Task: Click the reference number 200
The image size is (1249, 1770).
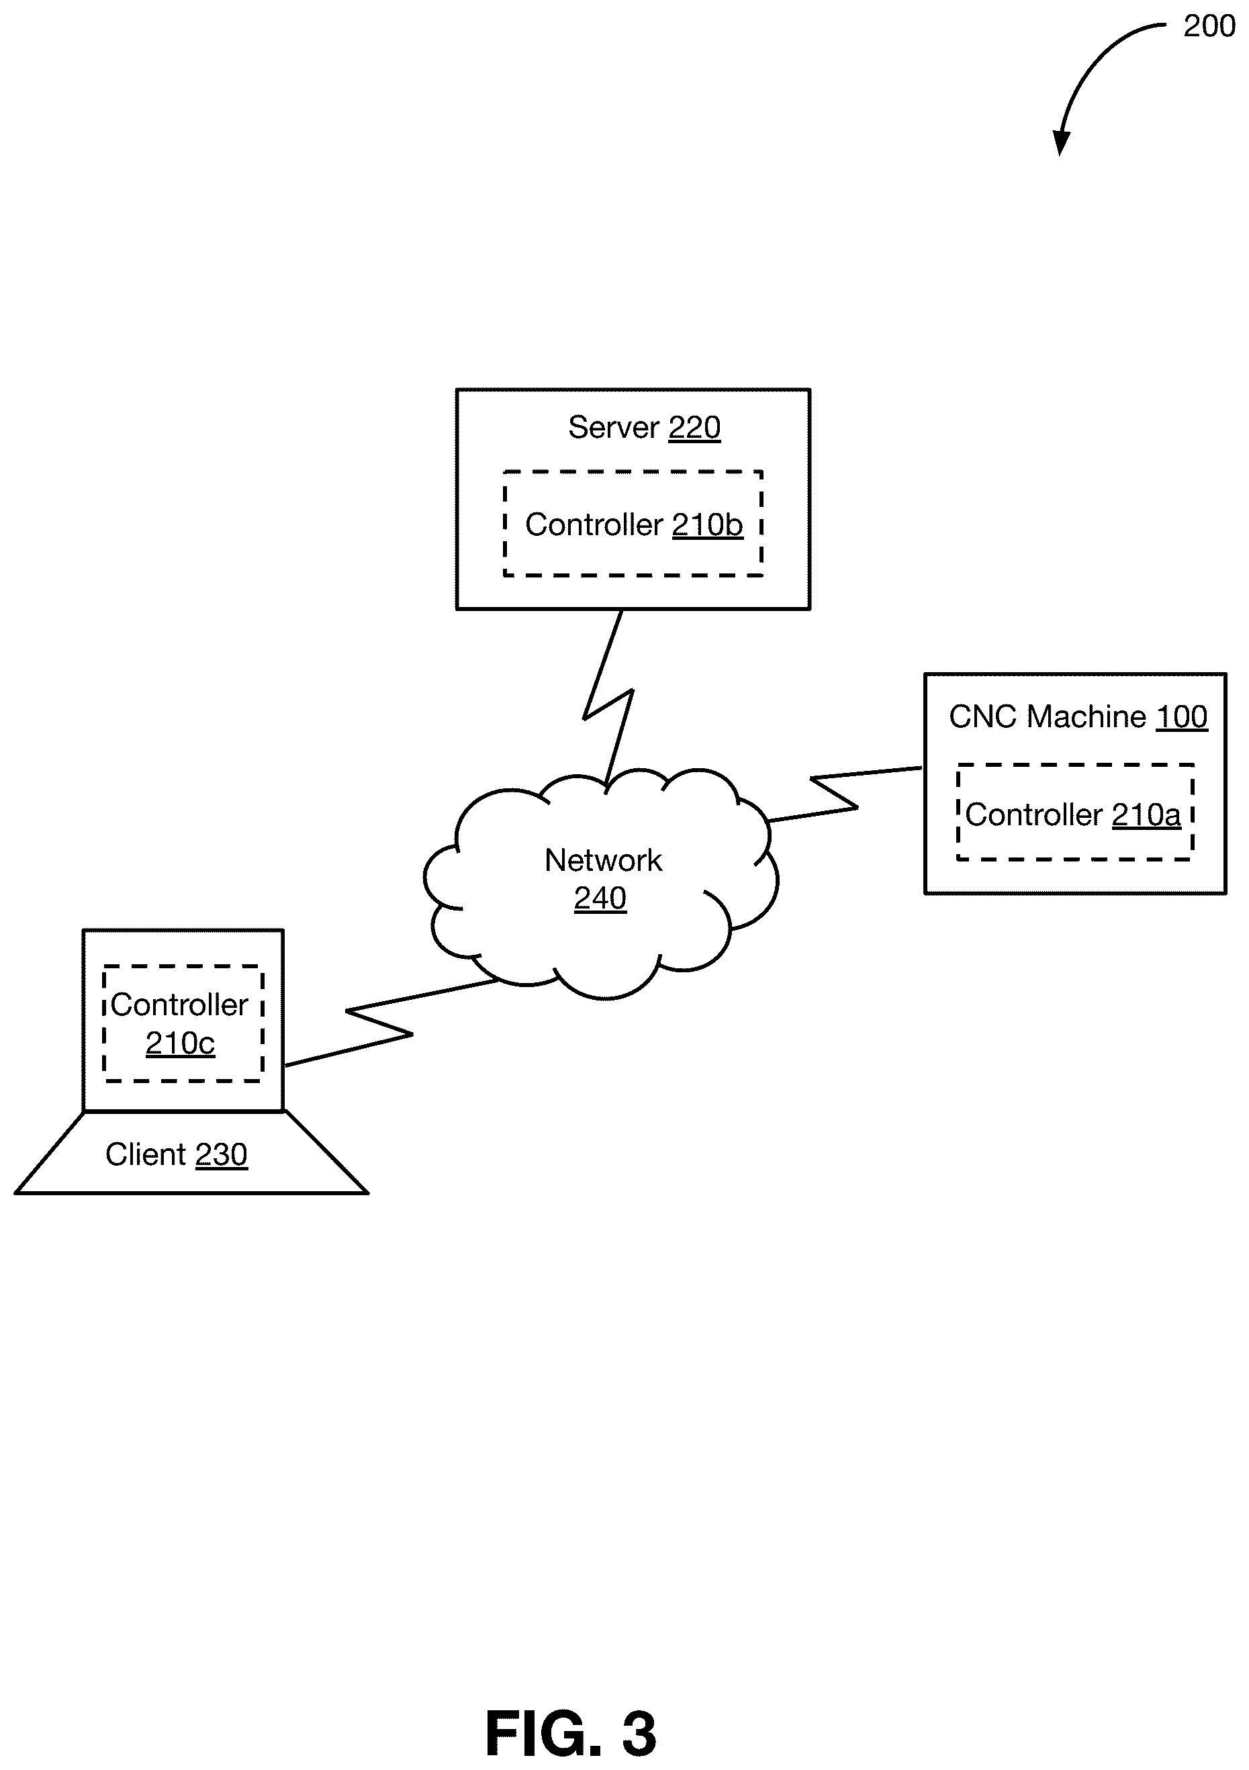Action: (x=1209, y=26)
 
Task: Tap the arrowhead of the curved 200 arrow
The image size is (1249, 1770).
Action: (x=1062, y=142)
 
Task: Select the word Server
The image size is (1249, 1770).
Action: (x=614, y=427)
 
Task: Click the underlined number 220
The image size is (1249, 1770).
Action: (x=694, y=427)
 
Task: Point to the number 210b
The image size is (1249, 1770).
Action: (x=707, y=525)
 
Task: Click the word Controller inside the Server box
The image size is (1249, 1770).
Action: (x=594, y=525)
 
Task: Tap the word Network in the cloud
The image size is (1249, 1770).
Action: (x=603, y=860)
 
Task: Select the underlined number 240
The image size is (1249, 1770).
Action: (x=600, y=898)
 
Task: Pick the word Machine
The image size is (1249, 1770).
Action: (x=1086, y=717)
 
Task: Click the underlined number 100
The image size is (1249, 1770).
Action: (x=1181, y=717)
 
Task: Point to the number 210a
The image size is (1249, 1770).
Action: (x=1146, y=815)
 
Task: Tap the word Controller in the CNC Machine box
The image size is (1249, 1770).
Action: (x=1034, y=815)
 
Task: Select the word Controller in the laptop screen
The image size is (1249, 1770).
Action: (x=179, y=1005)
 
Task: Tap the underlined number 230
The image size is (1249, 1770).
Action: (x=222, y=1155)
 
